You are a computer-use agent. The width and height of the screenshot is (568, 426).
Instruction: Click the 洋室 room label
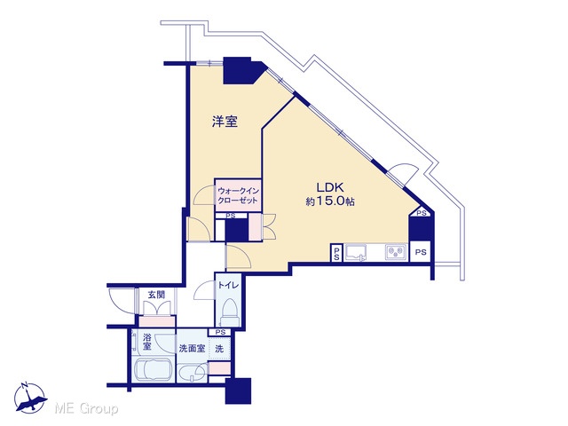[x=225, y=122]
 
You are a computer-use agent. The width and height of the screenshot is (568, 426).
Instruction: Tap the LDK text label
[x=329, y=187]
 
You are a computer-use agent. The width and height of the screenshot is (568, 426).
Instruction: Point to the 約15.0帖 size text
[x=329, y=201]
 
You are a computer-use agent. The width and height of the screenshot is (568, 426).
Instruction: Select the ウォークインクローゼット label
[x=238, y=195]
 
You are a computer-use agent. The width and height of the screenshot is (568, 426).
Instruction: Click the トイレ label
[x=228, y=286]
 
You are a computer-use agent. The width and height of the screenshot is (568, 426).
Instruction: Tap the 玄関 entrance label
[x=156, y=295]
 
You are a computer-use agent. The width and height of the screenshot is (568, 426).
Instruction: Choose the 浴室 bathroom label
[x=146, y=342]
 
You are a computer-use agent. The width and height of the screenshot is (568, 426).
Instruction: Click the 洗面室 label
[x=192, y=349]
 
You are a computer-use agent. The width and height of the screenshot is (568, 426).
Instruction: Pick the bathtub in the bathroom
[x=153, y=369]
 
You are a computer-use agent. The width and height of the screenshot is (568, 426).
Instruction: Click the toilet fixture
[x=230, y=312]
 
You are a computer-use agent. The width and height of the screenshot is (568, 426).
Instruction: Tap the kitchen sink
[x=355, y=252]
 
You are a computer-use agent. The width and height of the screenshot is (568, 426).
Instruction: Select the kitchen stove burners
[x=396, y=252]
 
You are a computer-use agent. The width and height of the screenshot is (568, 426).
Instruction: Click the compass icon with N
[x=29, y=398]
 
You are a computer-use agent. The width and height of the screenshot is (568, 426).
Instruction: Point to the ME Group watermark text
[x=86, y=408]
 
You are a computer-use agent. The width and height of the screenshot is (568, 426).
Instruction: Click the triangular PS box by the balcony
[x=421, y=213]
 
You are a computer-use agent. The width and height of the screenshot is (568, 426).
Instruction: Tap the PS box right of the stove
[x=420, y=251]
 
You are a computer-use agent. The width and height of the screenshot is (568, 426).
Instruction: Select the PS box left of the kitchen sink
[x=336, y=252]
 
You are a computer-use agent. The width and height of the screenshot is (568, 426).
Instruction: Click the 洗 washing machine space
[x=219, y=349]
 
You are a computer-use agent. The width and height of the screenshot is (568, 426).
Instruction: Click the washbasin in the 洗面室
[x=192, y=374]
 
